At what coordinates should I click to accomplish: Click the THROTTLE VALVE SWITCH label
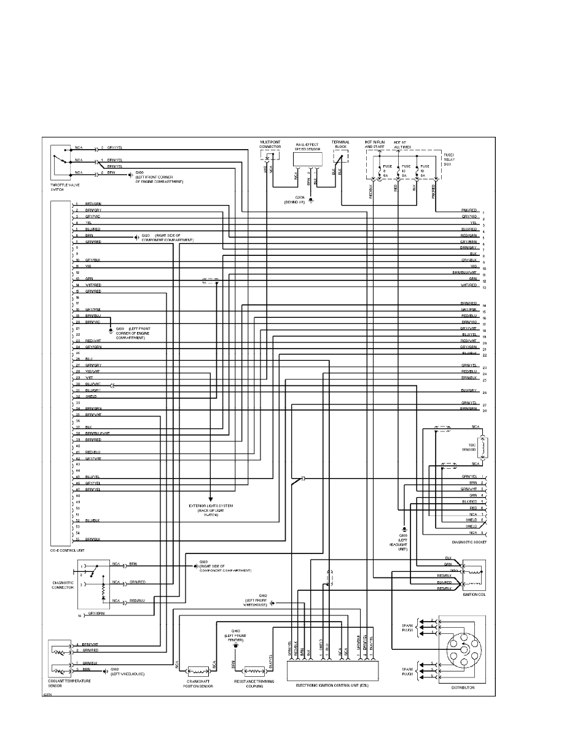click(66, 187)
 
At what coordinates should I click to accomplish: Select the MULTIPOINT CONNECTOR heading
click(271, 145)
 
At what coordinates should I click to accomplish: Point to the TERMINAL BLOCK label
click(340, 145)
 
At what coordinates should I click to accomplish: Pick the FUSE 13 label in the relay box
click(405, 170)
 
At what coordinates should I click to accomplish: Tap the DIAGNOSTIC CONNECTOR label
click(62, 584)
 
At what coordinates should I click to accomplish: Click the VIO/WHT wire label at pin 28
click(93, 372)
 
